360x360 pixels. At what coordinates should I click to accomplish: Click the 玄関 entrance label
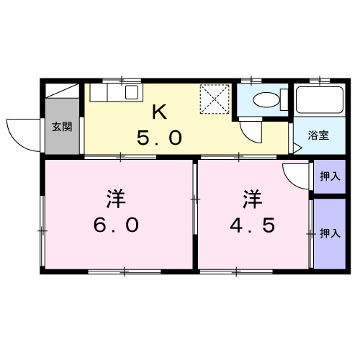pos(61,127)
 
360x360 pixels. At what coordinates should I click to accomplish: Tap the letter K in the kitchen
pos(161,112)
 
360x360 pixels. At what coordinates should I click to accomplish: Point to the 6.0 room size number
pos(115,225)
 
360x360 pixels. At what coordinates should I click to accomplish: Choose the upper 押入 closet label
pos(329,175)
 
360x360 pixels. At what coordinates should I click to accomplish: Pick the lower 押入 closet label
pos(329,233)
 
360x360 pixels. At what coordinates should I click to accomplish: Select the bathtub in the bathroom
pos(321,101)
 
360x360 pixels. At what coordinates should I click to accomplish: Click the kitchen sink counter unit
pos(114,92)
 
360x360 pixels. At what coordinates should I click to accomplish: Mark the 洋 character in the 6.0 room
pos(115,196)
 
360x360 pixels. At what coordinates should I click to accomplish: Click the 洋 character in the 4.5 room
pos(252,196)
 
